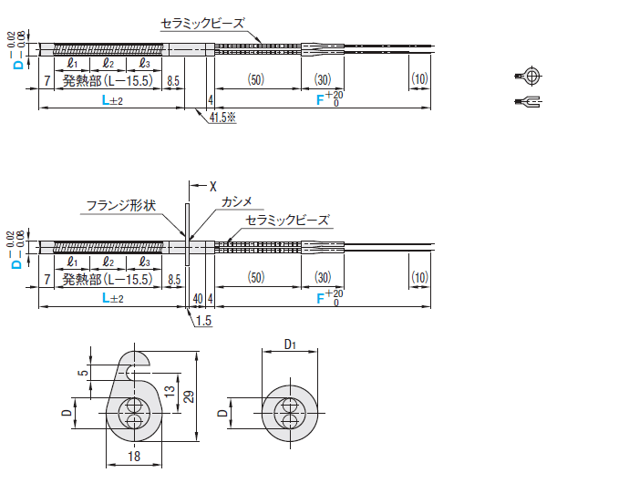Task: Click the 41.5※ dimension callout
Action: pyautogui.click(x=222, y=118)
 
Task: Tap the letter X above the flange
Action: pyautogui.click(x=213, y=186)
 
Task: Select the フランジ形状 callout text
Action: pyautogui.click(x=121, y=206)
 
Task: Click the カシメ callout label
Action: pyautogui.click(x=237, y=201)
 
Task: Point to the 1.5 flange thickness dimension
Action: pyautogui.click(x=203, y=321)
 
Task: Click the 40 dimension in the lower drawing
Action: pyautogui.click(x=198, y=299)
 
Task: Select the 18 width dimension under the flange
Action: pyautogui.click(x=134, y=457)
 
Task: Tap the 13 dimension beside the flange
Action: pyautogui.click(x=170, y=390)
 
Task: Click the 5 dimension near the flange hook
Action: pyautogui.click(x=84, y=373)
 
